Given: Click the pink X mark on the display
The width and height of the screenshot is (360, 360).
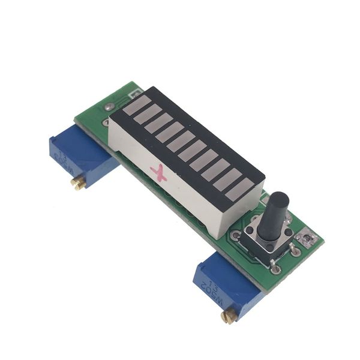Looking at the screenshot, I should (x=160, y=173).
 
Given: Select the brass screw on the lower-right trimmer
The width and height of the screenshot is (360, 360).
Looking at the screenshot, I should (x=229, y=316).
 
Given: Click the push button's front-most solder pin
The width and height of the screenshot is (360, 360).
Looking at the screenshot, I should (x=275, y=268).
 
